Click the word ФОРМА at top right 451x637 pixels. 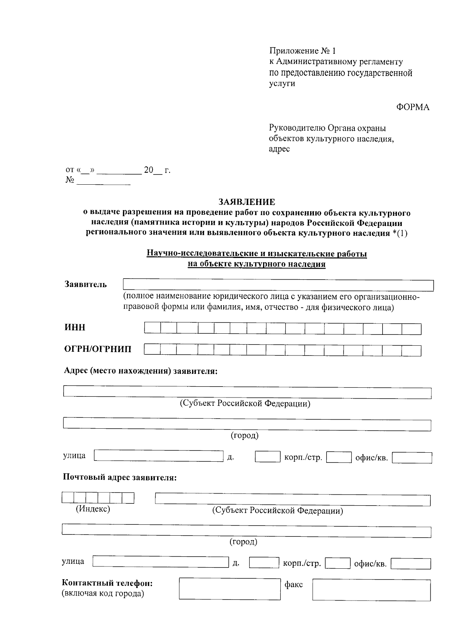(x=412, y=107)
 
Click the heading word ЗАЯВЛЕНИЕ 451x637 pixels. (x=247, y=202)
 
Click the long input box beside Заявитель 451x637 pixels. (x=278, y=285)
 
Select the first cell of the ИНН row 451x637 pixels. (x=152, y=329)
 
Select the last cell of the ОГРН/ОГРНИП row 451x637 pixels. (x=411, y=351)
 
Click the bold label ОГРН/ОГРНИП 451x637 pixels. (x=98, y=349)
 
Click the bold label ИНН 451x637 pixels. (x=75, y=327)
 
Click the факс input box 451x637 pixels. (x=371, y=590)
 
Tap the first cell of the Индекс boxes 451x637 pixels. (x=68, y=498)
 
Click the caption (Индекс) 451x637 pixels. (x=93, y=509)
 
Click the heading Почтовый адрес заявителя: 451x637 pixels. (x=120, y=477)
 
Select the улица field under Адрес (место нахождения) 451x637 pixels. (x=159, y=456)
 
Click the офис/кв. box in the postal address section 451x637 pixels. (x=411, y=563)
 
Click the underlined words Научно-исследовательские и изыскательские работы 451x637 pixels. (x=257, y=254)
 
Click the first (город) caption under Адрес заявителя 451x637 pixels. (x=244, y=435)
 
